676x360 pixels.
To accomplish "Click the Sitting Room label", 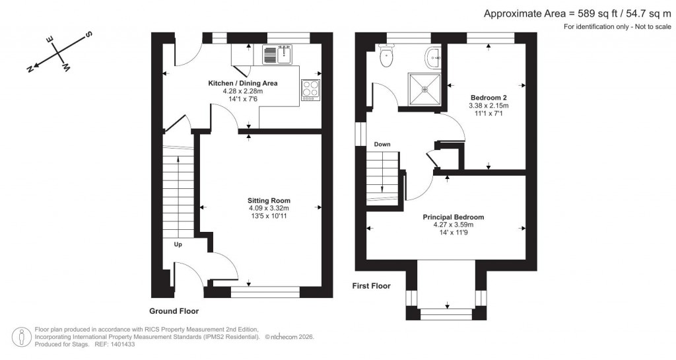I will [269, 200].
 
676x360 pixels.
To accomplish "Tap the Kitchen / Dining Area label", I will [243, 83].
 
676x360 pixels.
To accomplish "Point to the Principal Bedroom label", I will [454, 217].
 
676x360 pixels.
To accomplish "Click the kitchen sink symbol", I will [277, 55].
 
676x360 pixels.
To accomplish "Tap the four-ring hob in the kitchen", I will [310, 89].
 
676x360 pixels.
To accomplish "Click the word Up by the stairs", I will [178, 244].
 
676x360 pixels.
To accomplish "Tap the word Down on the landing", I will [382, 144].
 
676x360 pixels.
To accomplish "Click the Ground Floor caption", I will [174, 310].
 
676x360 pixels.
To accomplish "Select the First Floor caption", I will [372, 286].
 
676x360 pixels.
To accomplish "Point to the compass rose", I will [58, 53].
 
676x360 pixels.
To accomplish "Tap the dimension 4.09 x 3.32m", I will [269, 208].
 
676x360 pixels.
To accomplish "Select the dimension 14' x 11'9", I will [454, 232].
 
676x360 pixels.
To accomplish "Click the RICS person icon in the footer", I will [23, 336].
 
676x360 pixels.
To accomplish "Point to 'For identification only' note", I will [617, 26].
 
